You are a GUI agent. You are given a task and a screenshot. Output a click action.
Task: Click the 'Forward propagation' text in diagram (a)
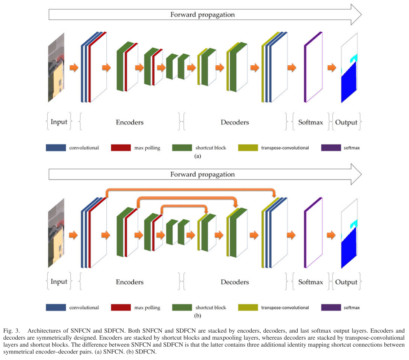(x=202, y=15)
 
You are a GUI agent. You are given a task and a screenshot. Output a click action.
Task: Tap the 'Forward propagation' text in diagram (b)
(x=202, y=174)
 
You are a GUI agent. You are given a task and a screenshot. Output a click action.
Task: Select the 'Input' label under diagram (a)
(x=59, y=122)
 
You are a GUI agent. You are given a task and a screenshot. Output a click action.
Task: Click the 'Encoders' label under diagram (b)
(x=129, y=282)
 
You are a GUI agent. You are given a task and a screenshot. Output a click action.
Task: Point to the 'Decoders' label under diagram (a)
(x=235, y=122)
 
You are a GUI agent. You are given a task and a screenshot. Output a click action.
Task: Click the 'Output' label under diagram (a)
(x=346, y=122)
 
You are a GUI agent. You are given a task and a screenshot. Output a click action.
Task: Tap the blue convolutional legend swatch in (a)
(x=56, y=147)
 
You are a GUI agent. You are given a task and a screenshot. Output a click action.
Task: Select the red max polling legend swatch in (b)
(x=121, y=307)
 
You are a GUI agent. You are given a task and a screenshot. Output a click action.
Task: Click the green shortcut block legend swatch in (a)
(x=182, y=147)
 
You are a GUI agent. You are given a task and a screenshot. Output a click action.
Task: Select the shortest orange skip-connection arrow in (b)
(x=183, y=206)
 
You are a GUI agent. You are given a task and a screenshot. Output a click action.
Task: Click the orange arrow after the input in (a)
(x=74, y=67)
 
